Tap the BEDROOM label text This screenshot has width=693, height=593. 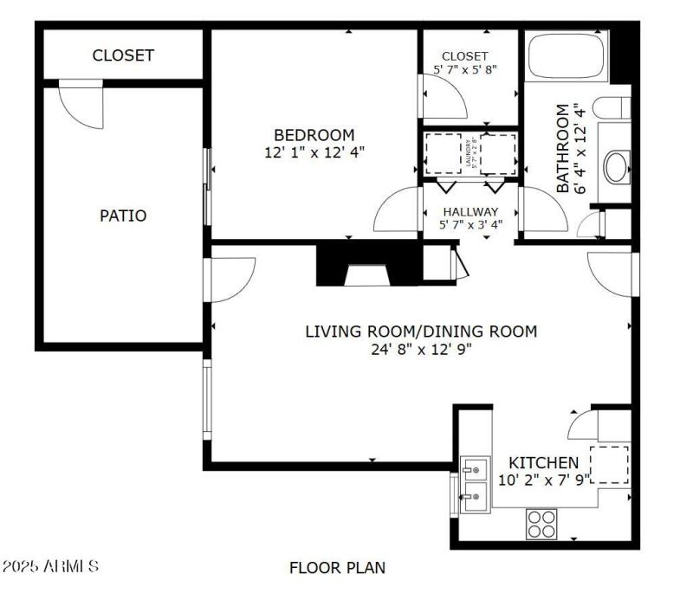point(314,135)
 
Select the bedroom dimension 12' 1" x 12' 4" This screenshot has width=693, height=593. point(314,151)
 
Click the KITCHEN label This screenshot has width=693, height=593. point(543,462)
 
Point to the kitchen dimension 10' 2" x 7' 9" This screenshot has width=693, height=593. point(543,478)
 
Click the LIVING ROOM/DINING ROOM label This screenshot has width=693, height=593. point(421,331)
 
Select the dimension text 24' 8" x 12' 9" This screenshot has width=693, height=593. point(421,349)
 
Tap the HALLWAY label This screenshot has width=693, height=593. point(470,211)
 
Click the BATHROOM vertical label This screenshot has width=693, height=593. point(564,148)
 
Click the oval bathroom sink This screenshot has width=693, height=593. point(617,166)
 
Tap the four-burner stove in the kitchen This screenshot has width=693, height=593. point(543,524)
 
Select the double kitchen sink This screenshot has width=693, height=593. point(474,483)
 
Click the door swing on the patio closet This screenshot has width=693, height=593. point(81,105)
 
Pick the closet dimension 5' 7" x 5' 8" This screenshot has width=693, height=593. point(465,68)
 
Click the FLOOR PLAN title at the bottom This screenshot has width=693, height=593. point(337,568)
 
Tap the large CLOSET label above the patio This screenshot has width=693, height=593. point(123,55)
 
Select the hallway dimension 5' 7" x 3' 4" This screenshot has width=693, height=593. point(470,226)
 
